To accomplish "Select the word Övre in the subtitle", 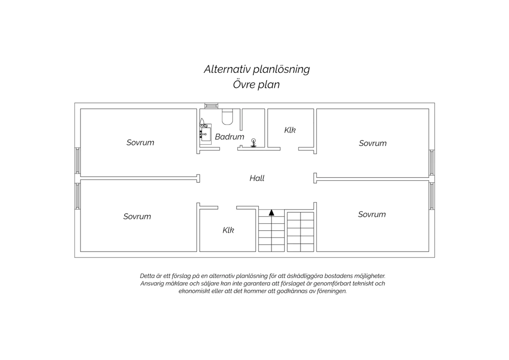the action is [x=243, y=84].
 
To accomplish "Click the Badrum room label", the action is [x=229, y=137].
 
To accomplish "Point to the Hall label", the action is [x=257, y=178].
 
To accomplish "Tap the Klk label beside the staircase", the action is [x=228, y=230].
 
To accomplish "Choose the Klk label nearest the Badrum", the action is [x=290, y=130].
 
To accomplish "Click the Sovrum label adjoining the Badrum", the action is [x=140, y=143].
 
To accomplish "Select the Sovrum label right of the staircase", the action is [x=372, y=214].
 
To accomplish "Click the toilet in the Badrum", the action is [x=227, y=117].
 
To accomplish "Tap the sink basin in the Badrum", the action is [x=206, y=134].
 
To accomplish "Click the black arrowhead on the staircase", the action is [x=271, y=213].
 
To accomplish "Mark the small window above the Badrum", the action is [x=211, y=106].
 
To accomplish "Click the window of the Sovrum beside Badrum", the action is [x=77, y=161].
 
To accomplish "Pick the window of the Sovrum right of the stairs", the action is [x=432, y=196].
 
